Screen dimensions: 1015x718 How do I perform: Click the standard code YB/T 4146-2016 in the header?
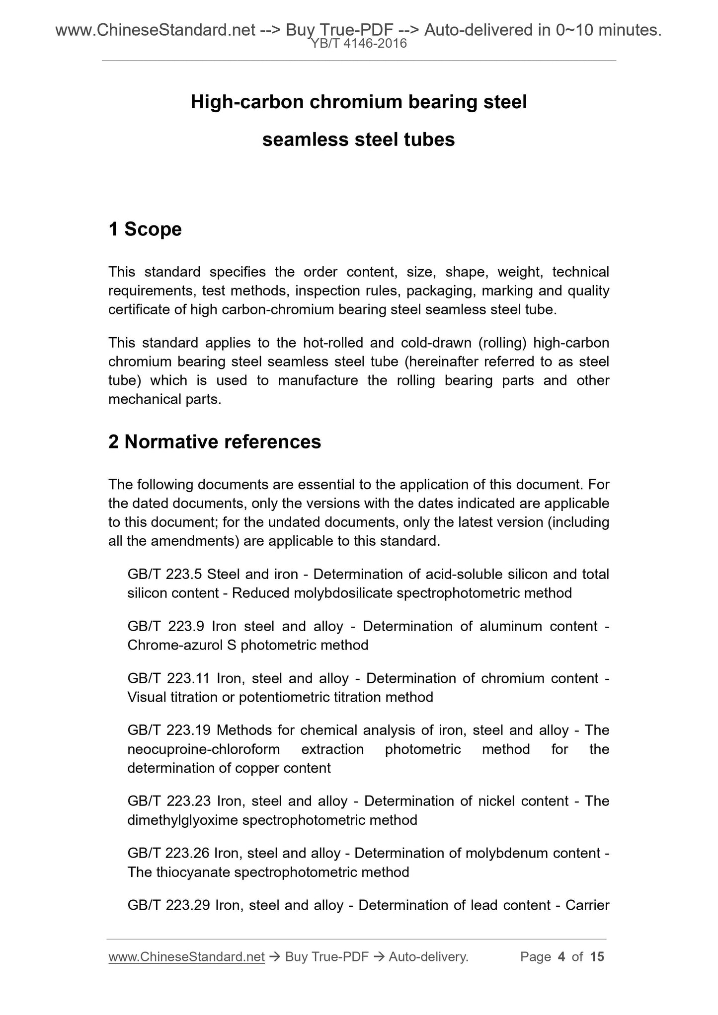[359, 44]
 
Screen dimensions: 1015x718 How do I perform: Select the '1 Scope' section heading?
[145, 229]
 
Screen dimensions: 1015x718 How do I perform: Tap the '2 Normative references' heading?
[215, 441]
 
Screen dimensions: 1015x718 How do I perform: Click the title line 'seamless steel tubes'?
[358, 140]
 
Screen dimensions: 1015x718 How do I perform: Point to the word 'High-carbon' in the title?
[247, 102]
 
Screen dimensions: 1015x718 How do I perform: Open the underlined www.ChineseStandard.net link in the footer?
[186, 957]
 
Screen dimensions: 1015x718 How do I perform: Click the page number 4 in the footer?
[561, 957]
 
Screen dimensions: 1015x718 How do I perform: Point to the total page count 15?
[597, 957]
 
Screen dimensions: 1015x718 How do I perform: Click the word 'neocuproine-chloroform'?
[204, 749]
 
